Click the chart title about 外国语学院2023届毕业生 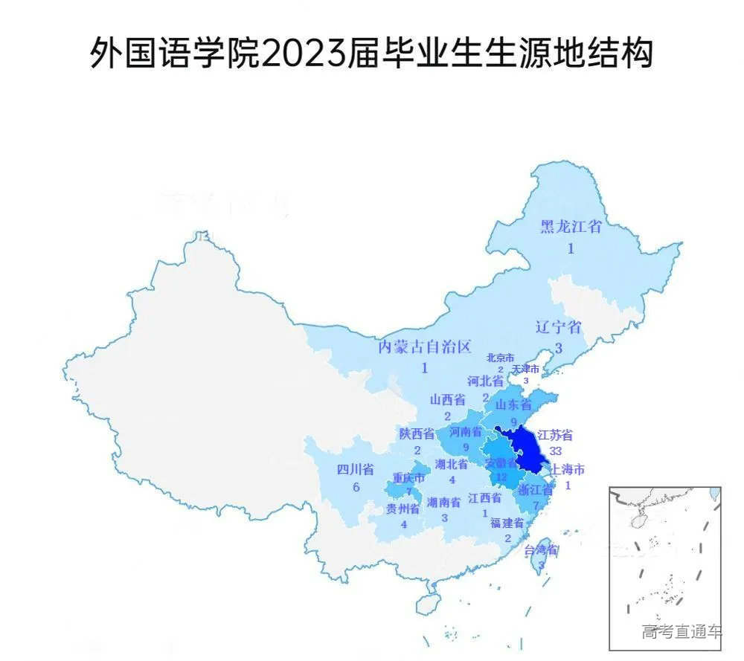pyautogui.click(x=371, y=54)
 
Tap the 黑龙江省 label pyautogui.click(x=571, y=228)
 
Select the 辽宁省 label pyautogui.click(x=558, y=327)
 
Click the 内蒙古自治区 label pyautogui.click(x=425, y=346)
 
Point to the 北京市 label pyautogui.click(x=500, y=358)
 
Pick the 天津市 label pyautogui.click(x=525, y=370)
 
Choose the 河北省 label pyautogui.click(x=486, y=381)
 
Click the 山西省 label pyautogui.click(x=448, y=399)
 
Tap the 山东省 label pyautogui.click(x=513, y=405)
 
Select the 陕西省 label pyautogui.click(x=417, y=433)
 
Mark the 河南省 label pyautogui.click(x=465, y=431)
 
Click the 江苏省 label pyautogui.click(x=555, y=435)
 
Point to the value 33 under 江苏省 pyautogui.click(x=555, y=451)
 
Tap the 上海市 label pyautogui.click(x=567, y=470)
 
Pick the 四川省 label pyautogui.click(x=355, y=469)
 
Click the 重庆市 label pyautogui.click(x=408, y=477)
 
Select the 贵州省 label pyautogui.click(x=403, y=509)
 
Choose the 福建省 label pyautogui.click(x=507, y=523)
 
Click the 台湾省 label pyautogui.click(x=541, y=551)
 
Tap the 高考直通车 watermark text pyautogui.click(x=682, y=631)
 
